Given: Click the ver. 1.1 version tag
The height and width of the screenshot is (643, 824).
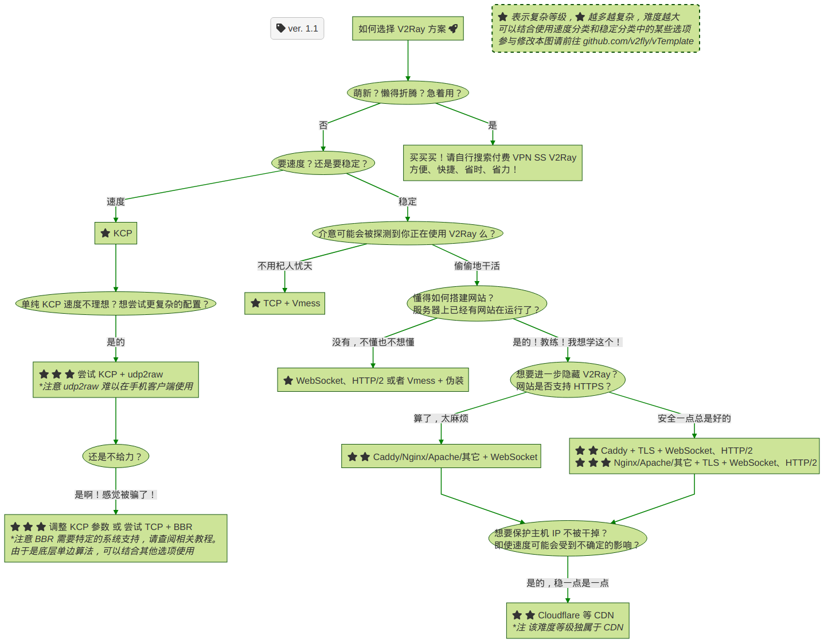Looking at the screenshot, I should pos(297,28).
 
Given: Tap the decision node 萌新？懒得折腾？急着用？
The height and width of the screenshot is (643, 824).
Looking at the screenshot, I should pos(408,93).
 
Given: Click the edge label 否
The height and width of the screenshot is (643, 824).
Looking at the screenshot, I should pos(323,125).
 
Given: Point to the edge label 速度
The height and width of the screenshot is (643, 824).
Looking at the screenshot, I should pos(116,201).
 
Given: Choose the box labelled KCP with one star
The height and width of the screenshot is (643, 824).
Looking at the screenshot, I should pos(116,233).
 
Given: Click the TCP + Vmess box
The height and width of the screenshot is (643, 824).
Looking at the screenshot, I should pos(285,303).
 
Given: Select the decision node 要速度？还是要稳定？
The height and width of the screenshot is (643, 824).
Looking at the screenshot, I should pos(323,163).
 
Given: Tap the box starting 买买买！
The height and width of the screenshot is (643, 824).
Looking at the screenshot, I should pos(493,163).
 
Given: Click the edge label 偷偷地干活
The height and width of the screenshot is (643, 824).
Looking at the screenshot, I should pos(477,266).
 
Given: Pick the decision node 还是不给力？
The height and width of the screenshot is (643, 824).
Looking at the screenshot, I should pos(115,457).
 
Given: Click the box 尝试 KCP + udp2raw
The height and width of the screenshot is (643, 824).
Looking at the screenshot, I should pos(116,380).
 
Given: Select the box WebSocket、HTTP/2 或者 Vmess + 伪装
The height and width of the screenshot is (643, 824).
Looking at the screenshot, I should pos(373,380).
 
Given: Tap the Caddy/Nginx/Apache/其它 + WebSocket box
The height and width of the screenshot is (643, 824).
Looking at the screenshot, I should pos(441,457).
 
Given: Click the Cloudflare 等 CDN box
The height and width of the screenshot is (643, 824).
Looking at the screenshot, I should pos(568,621).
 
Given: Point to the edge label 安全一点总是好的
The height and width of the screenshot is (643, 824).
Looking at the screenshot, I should pos(694,418).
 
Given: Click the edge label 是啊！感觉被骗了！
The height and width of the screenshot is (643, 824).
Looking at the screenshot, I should pos(115,494).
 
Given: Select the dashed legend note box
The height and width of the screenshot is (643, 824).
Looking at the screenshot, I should pos(596,29).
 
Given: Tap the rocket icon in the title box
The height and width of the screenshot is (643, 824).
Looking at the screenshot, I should pos(453,28).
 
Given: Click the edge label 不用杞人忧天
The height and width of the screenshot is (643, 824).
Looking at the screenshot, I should pos(285,266).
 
